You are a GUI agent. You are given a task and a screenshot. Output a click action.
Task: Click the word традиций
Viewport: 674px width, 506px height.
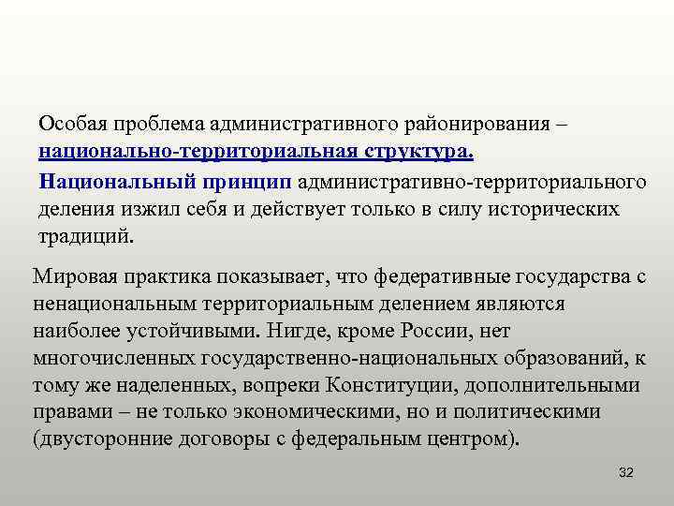point(86,235)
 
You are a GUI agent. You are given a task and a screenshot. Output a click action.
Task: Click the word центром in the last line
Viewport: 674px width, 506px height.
point(473,439)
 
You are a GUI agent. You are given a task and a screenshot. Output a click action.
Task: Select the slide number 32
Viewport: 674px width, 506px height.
point(626,473)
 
